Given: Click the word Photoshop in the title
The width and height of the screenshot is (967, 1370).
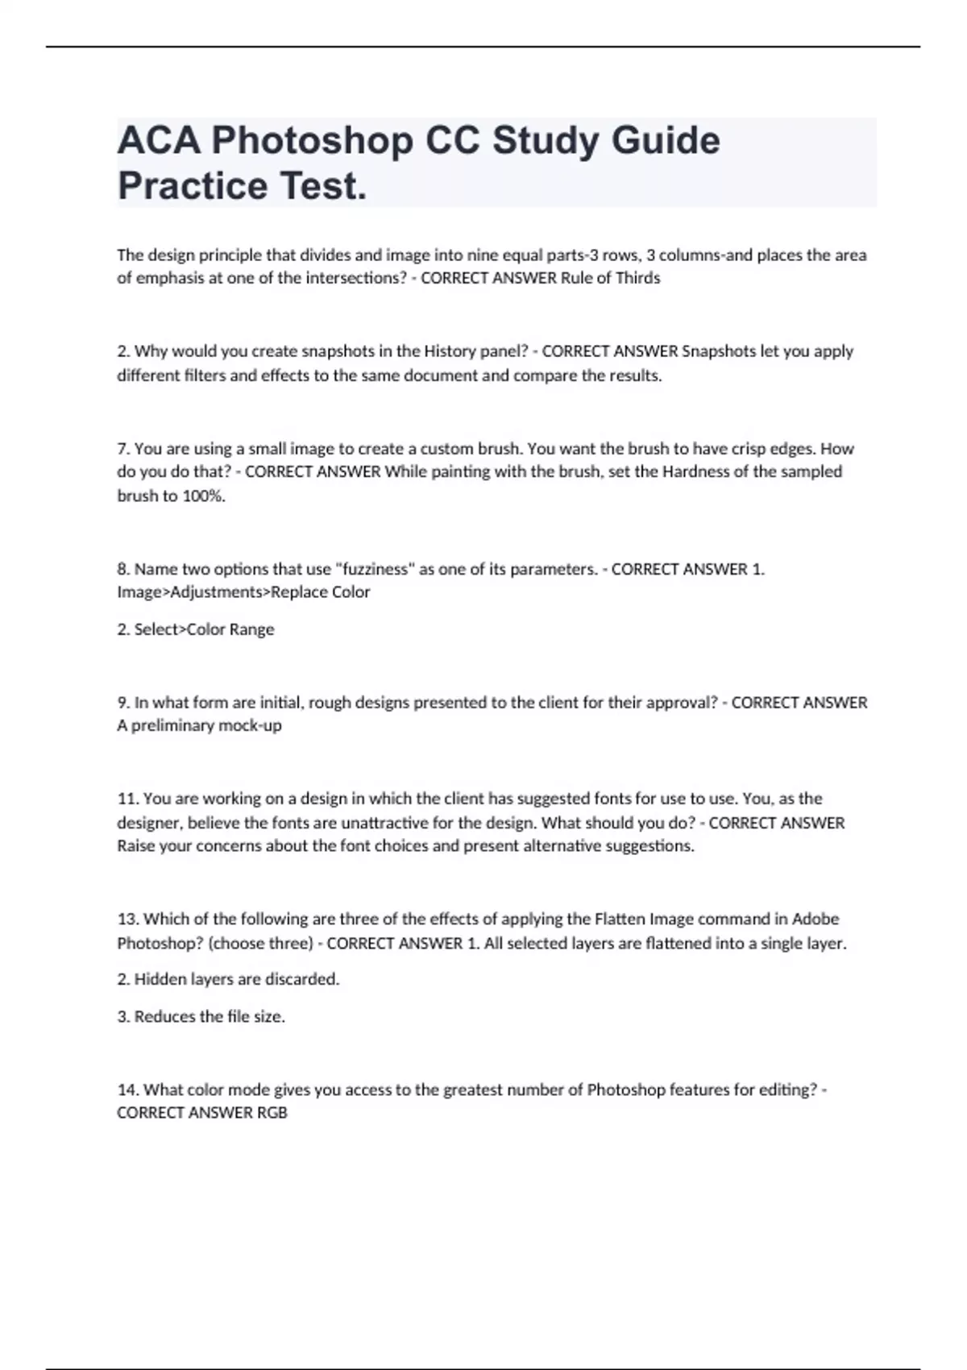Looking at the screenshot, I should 312,141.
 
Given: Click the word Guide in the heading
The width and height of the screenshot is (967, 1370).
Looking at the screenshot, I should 665,141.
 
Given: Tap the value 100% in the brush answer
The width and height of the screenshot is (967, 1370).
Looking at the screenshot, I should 204,496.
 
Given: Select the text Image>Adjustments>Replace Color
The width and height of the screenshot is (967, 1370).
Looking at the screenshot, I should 243,592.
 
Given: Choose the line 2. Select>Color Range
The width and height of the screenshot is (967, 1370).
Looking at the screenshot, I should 196,629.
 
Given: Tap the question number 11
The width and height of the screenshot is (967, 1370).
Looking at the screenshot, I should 128,799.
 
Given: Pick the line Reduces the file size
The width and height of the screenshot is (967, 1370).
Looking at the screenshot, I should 210,1017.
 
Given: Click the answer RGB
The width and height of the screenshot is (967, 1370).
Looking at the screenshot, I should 272,1113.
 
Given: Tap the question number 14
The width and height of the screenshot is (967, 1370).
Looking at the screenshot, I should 128,1090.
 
